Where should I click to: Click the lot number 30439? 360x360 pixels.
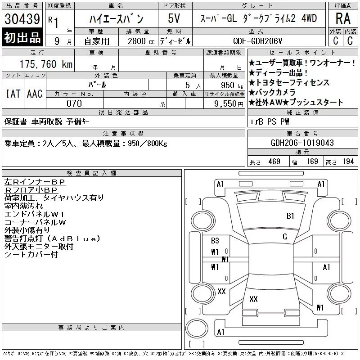point(22,19)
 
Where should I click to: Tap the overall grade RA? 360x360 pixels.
point(343,18)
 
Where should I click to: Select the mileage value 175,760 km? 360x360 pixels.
point(46,64)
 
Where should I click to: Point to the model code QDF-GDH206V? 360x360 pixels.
point(257,41)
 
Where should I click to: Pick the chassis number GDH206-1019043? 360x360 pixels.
point(302,143)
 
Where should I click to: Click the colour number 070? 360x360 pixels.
point(74,103)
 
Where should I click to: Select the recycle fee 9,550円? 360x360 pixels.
point(229,104)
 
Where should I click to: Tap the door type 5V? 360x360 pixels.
point(174,18)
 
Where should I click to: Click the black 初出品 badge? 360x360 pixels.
point(22,37)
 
